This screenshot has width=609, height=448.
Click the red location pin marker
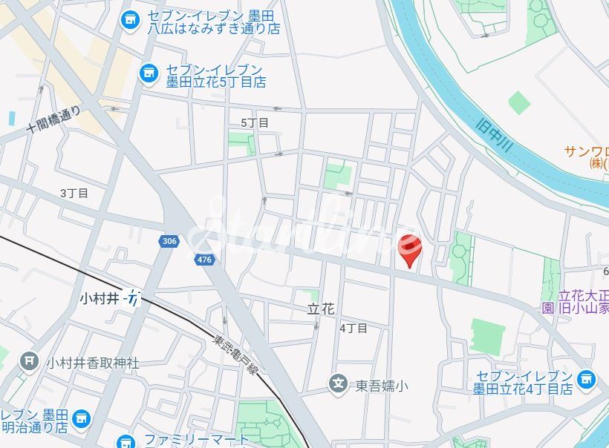410,247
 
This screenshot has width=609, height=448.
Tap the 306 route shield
169,241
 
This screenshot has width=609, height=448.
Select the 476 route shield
205,259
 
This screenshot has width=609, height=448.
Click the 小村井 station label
99,298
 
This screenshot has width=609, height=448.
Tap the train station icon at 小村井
133,298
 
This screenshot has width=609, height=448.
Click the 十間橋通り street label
53,120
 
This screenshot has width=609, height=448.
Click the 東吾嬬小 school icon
339,384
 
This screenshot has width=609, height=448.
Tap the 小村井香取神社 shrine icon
29,362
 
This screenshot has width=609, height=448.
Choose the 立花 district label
322,309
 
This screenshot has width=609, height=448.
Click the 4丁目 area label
354,327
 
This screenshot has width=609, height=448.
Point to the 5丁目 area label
255,122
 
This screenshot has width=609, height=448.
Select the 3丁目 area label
74,193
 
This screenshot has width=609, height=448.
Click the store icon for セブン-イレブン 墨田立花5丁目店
149,72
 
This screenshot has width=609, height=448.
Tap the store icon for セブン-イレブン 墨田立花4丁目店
587,381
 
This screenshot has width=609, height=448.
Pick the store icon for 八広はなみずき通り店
130,19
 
